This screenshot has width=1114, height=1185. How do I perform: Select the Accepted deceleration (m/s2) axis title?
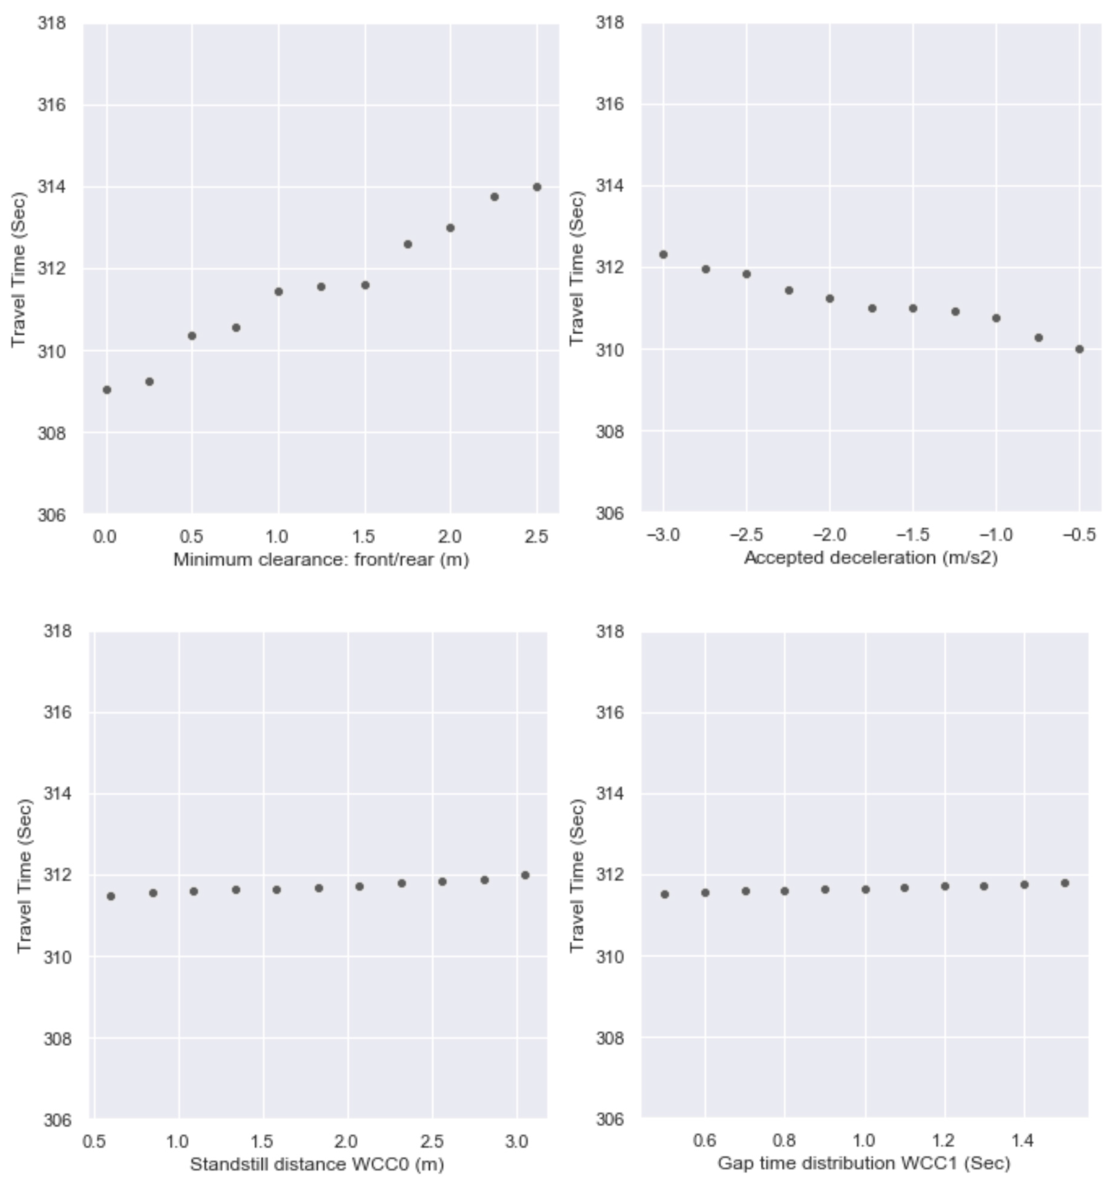pyautogui.click(x=870, y=558)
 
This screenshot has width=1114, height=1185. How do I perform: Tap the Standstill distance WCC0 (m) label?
pyautogui.click(x=317, y=1164)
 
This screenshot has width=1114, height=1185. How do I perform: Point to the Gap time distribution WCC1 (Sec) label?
pyautogui.click(x=864, y=1163)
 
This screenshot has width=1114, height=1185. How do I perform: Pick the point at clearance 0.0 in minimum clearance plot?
pyautogui.click(x=107, y=390)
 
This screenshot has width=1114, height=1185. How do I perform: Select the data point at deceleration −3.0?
pyautogui.click(x=664, y=255)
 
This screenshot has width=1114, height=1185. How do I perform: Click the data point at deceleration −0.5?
pyautogui.click(x=1079, y=349)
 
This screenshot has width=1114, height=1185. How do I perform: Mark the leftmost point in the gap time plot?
pyautogui.click(x=665, y=894)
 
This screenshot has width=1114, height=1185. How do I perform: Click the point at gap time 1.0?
pyautogui.click(x=866, y=889)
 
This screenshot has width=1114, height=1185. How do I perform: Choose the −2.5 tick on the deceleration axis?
pyautogui.click(x=746, y=535)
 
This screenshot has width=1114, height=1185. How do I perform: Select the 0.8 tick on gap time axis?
pyautogui.click(x=784, y=1140)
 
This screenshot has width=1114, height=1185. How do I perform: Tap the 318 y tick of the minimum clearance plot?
pyautogui.click(x=51, y=23)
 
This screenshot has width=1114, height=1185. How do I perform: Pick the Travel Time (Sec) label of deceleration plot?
pyautogui.click(x=577, y=268)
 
